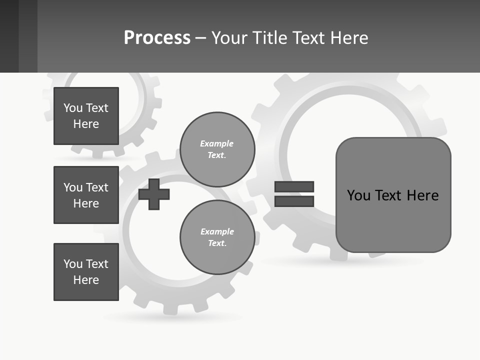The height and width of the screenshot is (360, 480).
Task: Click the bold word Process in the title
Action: point(157,38)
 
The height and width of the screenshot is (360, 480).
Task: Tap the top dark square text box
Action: point(86,116)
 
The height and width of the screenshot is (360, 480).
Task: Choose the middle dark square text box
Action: point(86,195)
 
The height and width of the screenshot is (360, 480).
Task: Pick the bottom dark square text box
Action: point(86,272)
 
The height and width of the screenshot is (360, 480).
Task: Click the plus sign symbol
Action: point(154,194)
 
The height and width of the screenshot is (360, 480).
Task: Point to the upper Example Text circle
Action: point(217,149)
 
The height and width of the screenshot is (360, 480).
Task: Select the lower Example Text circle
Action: point(217,237)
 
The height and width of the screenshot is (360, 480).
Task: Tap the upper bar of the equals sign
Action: point(294,187)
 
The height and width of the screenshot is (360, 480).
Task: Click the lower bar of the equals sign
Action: point(294,201)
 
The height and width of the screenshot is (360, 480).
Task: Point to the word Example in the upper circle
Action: point(217,143)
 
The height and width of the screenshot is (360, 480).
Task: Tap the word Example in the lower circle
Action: point(217,231)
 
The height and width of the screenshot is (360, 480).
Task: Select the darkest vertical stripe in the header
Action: point(9,36)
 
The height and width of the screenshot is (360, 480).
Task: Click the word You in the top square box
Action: point(73,108)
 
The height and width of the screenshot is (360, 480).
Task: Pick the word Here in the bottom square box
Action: point(86,280)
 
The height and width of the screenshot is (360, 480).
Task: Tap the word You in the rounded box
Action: point(358,195)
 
